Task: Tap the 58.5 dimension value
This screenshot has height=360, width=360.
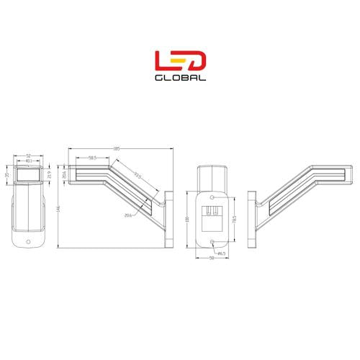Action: pos(93,158)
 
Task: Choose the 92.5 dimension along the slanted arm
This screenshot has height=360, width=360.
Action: pos(136,176)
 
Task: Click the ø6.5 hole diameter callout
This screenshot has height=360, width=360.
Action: pos(222,253)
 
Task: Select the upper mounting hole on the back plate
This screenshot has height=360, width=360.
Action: pos(212,197)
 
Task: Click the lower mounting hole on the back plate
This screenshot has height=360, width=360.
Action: pos(212,242)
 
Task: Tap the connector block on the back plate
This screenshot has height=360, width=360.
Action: pos(212,215)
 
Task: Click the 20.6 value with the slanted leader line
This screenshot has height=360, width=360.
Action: pos(128,215)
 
